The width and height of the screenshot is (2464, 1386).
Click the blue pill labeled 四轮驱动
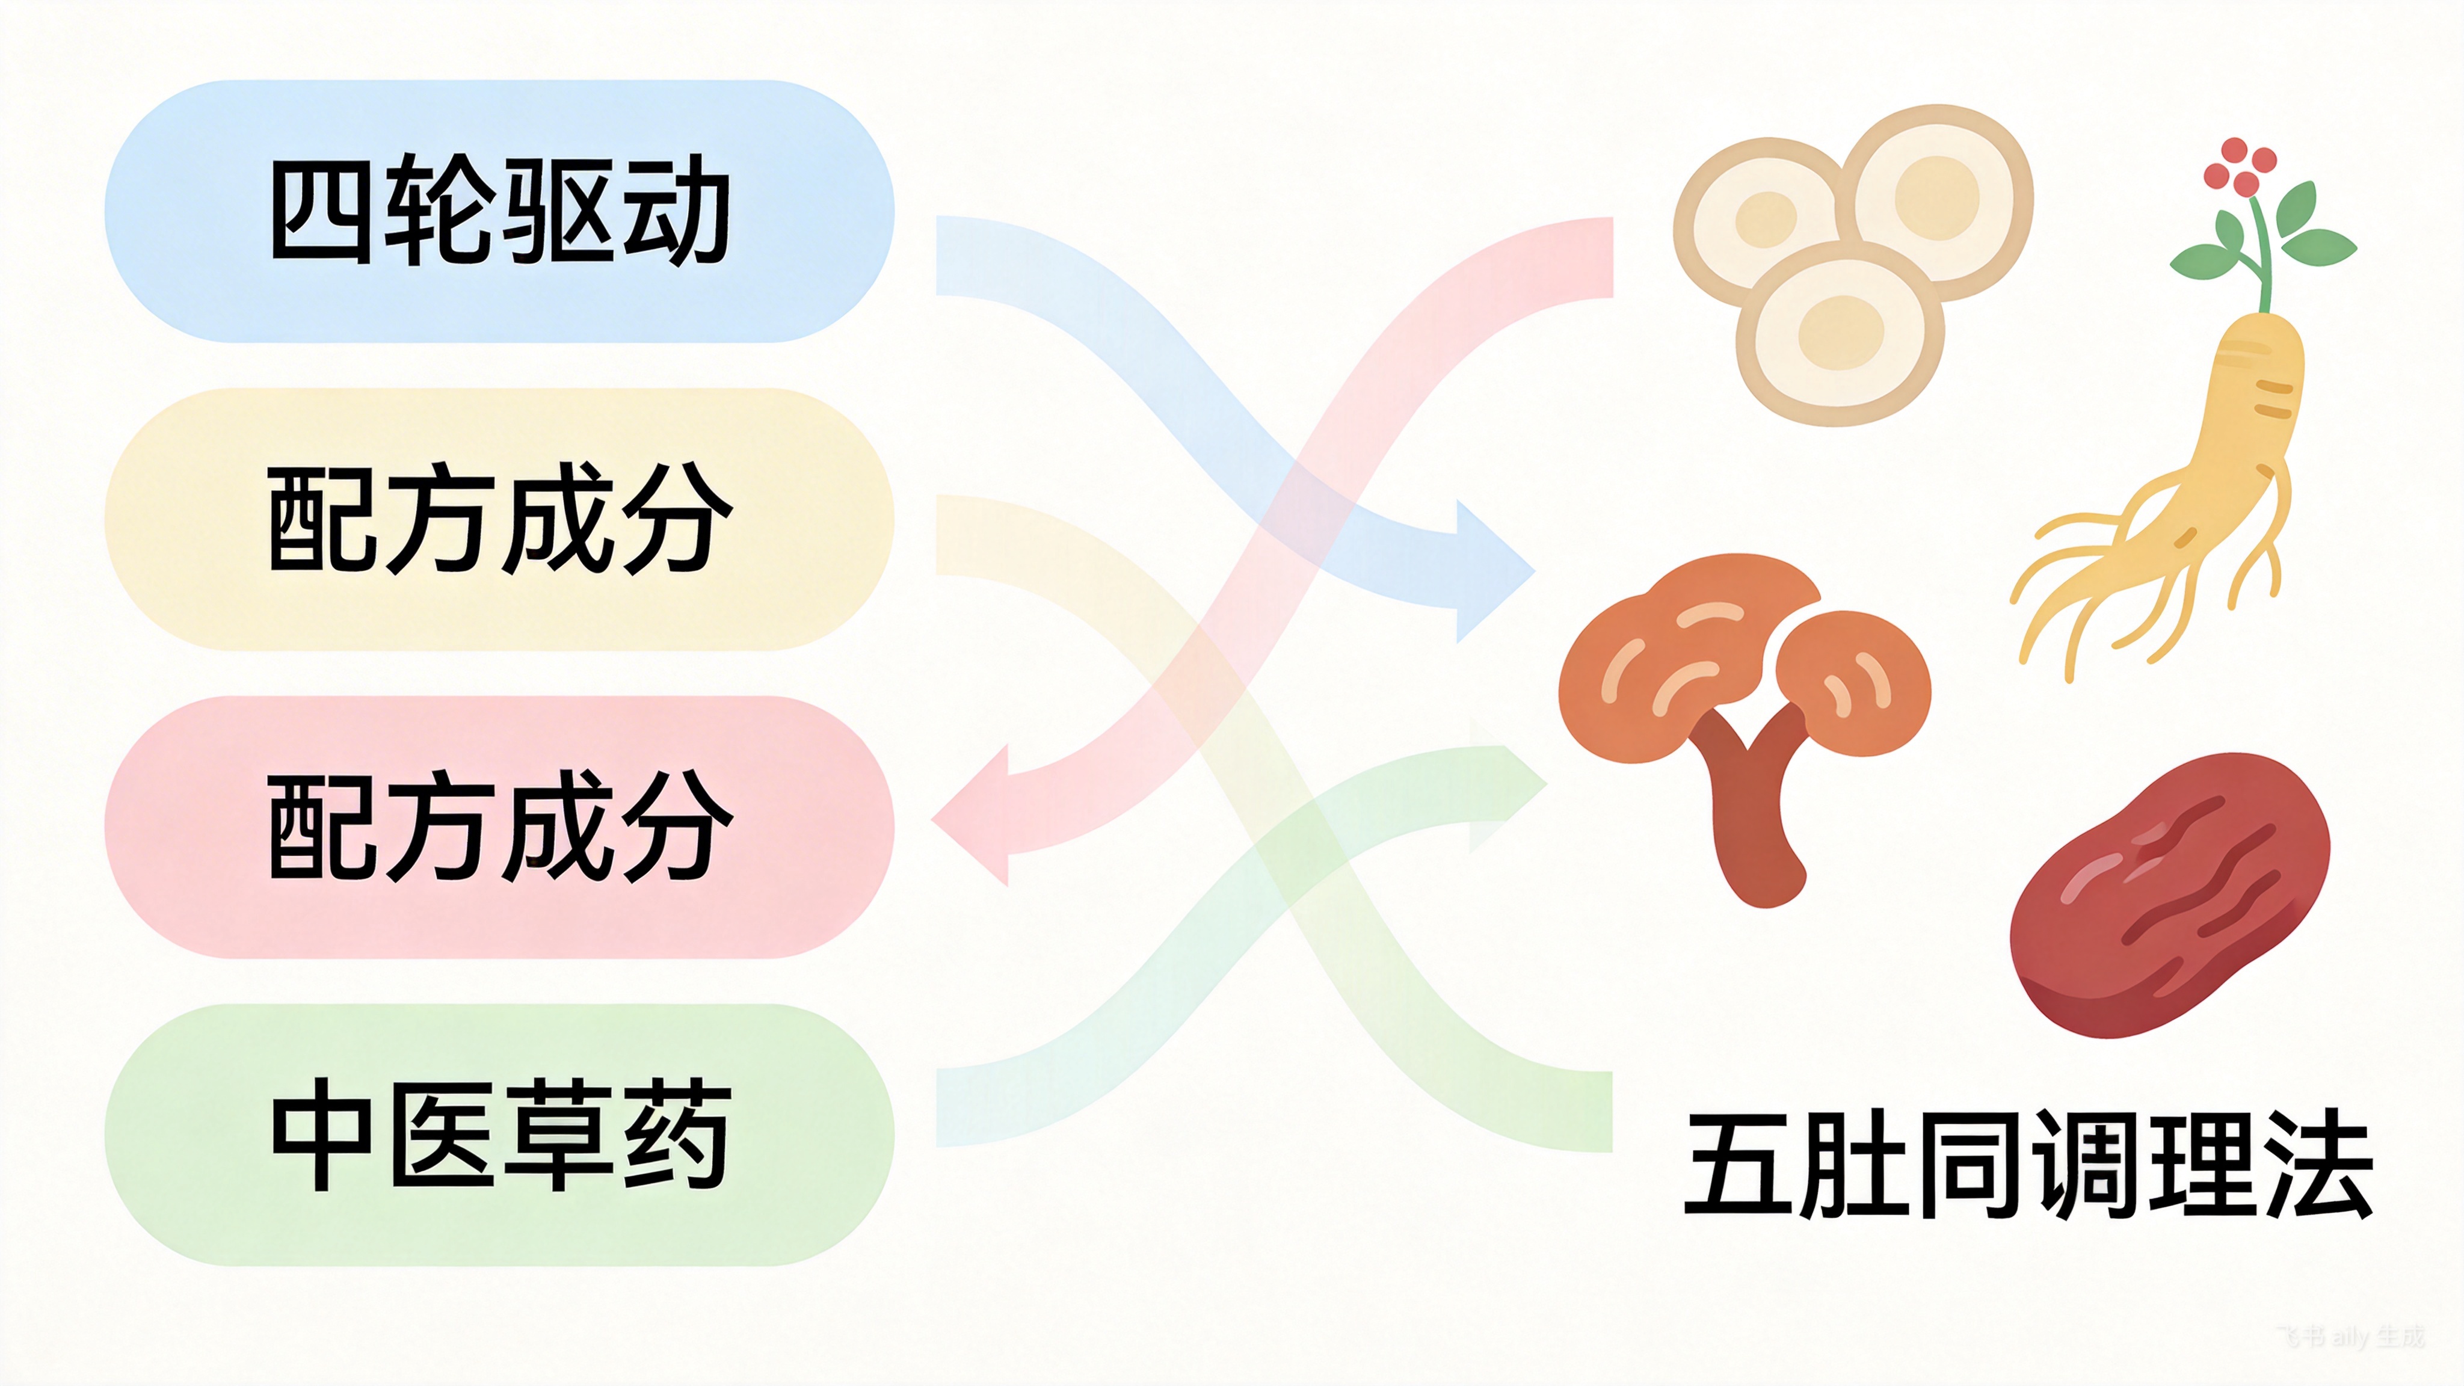[497, 211]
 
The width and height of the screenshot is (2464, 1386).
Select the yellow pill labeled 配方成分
[497, 519]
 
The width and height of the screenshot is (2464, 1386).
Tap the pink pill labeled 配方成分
[497, 827]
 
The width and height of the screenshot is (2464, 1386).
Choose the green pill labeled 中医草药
[497, 1135]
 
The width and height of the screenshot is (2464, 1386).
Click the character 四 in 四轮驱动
[321, 211]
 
